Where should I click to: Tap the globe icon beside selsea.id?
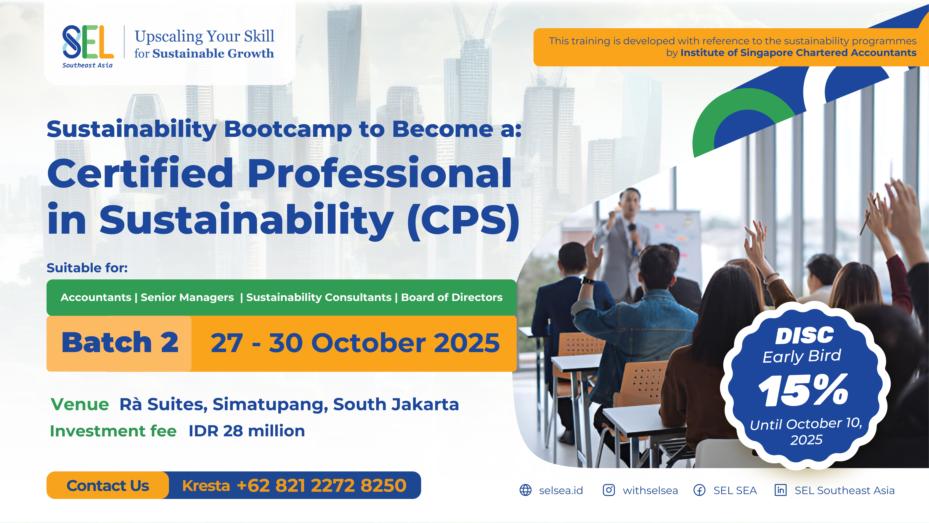coord(525,490)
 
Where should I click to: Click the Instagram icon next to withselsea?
coord(609,490)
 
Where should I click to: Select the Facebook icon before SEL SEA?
coord(700,490)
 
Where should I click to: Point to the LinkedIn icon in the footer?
coord(781,490)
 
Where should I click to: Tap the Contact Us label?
coord(108,485)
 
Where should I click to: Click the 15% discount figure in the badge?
coord(803,390)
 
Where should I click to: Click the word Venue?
coord(80,404)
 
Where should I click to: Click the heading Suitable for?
coord(87,268)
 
